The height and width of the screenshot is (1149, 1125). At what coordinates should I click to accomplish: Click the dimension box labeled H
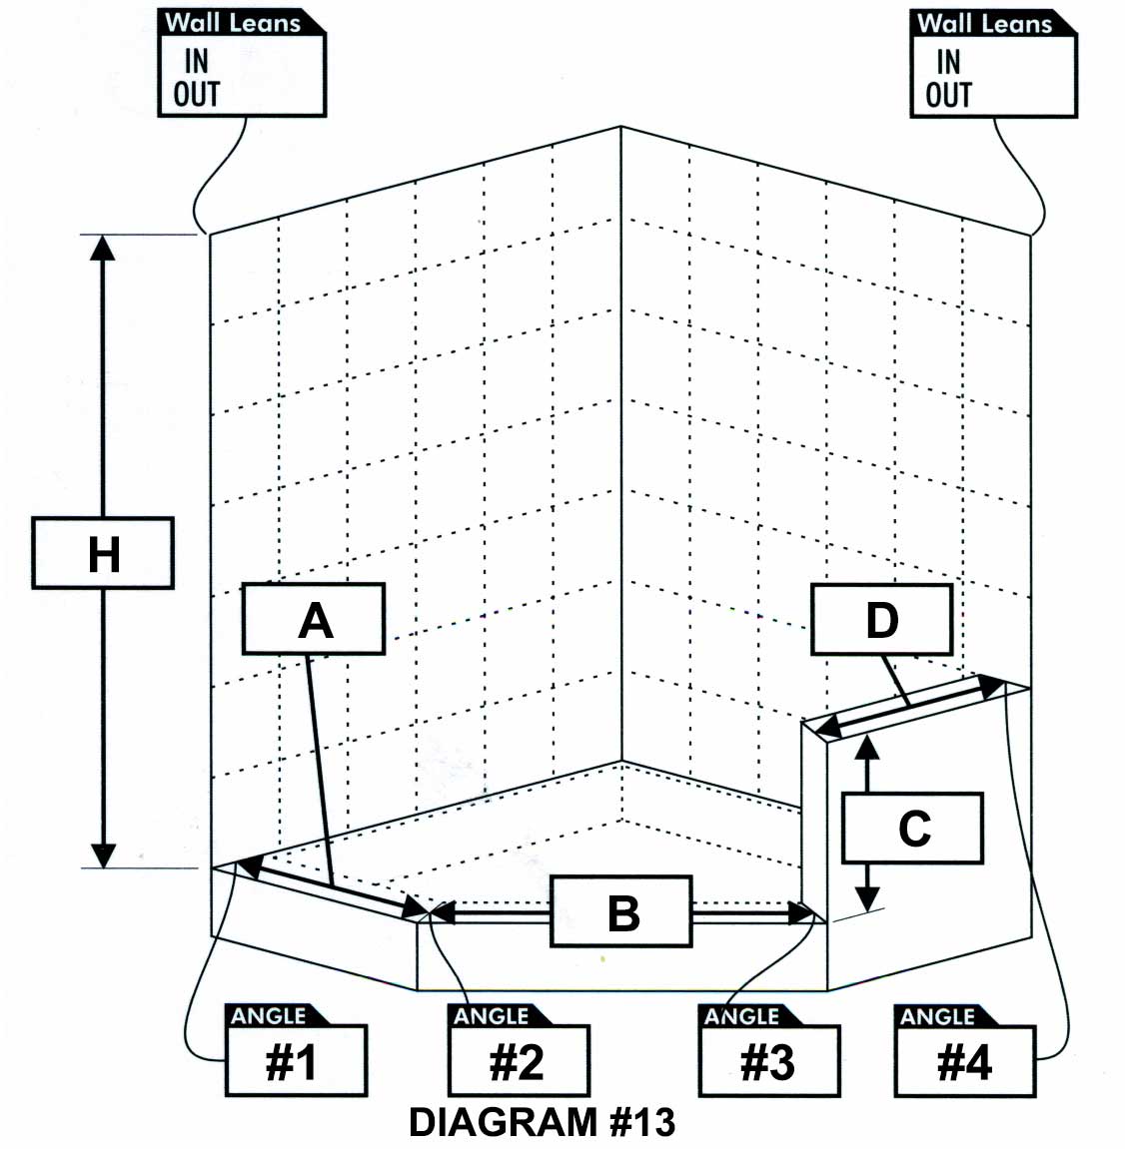103,552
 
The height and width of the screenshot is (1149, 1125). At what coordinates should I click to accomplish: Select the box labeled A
314,619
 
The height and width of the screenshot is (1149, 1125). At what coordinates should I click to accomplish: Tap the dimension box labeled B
621,911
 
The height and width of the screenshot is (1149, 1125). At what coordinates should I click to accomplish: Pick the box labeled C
912,828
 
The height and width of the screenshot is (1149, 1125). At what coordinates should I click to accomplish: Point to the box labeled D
881,619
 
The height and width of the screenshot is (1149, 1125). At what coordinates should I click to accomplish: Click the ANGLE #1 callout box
296,1050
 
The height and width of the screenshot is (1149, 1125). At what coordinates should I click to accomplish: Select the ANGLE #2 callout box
519,1050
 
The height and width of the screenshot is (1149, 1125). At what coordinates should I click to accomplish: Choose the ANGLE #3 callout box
769,1050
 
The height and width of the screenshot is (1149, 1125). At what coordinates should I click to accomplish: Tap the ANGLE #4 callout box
965,1050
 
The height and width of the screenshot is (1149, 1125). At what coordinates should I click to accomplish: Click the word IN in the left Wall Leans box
197,62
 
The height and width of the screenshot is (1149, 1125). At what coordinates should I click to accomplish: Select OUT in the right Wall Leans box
948,95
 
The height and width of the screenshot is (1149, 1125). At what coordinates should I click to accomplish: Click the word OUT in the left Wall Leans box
197,94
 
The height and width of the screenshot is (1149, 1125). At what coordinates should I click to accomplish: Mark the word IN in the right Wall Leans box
948,62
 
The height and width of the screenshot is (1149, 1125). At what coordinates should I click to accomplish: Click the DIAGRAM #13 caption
542,1122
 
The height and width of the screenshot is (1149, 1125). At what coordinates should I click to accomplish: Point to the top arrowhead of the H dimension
103,248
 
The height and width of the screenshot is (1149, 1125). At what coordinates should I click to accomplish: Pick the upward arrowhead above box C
867,748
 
